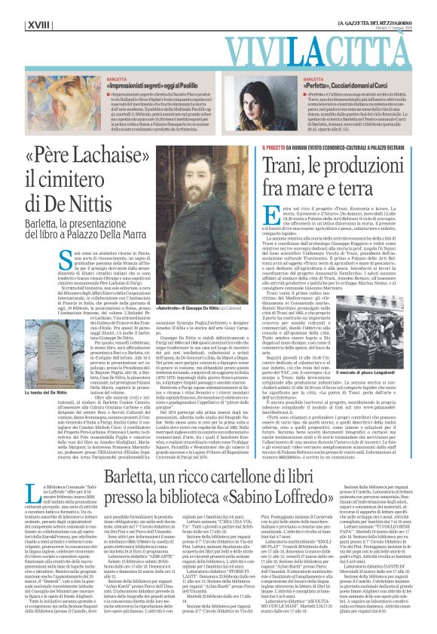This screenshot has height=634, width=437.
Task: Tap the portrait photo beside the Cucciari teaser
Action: point(277,91)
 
